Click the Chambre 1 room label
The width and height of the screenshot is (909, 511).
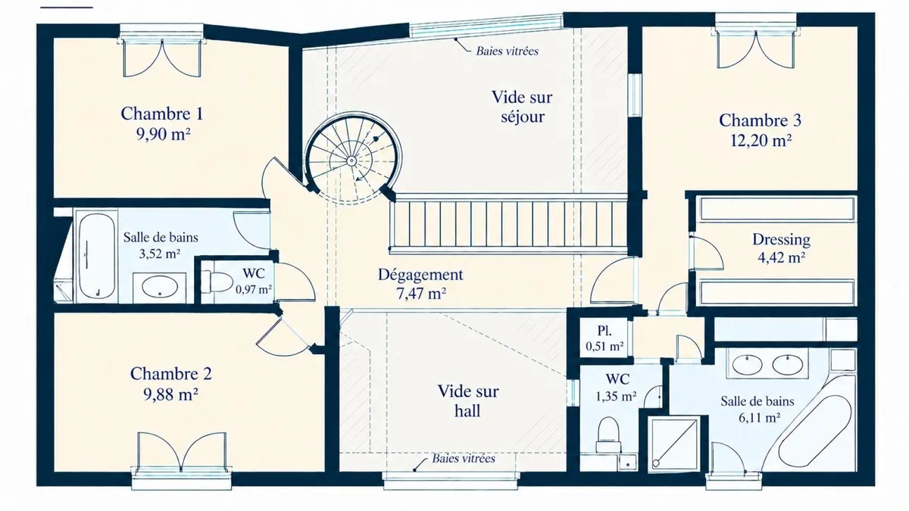[x=162, y=114]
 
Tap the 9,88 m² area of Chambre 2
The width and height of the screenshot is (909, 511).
[x=171, y=394]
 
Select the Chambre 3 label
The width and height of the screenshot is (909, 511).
[x=760, y=120]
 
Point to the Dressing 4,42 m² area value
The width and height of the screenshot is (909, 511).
[x=782, y=257]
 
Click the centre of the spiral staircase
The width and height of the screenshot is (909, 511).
[x=351, y=161]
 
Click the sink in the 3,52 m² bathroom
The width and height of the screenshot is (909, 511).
[x=160, y=286]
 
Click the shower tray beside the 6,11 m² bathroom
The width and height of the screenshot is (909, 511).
[x=674, y=444]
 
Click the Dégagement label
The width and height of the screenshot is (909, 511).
[x=420, y=275]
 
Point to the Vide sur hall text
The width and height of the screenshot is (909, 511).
[x=468, y=401]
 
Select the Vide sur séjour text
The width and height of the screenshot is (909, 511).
[x=522, y=107]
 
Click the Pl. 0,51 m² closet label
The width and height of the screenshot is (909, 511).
[x=604, y=338]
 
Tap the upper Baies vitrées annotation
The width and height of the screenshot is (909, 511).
[x=508, y=51]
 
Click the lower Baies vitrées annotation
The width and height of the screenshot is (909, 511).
[x=464, y=459]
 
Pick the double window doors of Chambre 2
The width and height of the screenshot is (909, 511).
[x=181, y=451]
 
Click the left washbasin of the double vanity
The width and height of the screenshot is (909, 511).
[x=747, y=363]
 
